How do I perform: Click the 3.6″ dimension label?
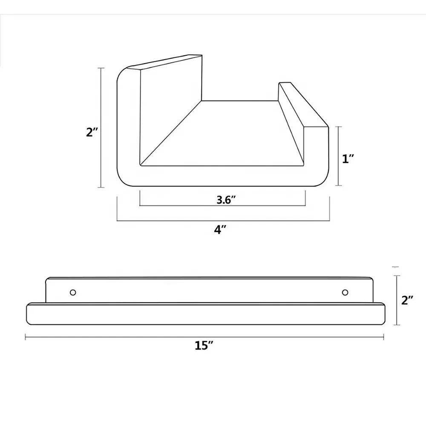click(226, 200)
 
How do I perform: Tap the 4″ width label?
click(220, 230)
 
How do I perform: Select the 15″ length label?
click(204, 345)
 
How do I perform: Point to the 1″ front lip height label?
click(348, 158)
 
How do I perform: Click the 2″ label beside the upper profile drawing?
click(92, 132)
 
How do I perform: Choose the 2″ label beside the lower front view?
click(407, 300)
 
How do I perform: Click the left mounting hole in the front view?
click(73, 292)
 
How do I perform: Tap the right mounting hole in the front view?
click(345, 292)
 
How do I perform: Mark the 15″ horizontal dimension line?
click(204, 337)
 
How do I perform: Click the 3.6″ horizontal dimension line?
click(222, 206)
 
